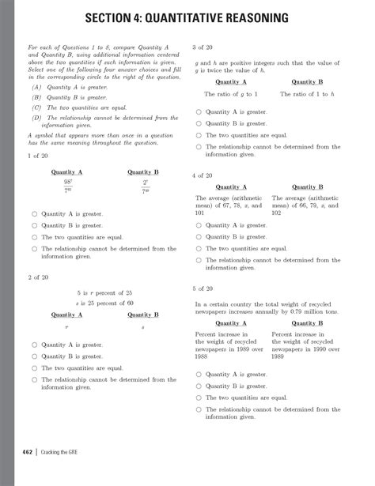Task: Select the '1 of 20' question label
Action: [x=38, y=156]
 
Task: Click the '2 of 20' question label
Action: [x=38, y=277]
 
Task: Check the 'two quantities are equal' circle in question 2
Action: [x=32, y=368]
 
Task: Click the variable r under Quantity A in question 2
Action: [x=67, y=326]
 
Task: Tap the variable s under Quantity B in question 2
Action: [x=142, y=326]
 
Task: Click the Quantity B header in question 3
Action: [x=306, y=82]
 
